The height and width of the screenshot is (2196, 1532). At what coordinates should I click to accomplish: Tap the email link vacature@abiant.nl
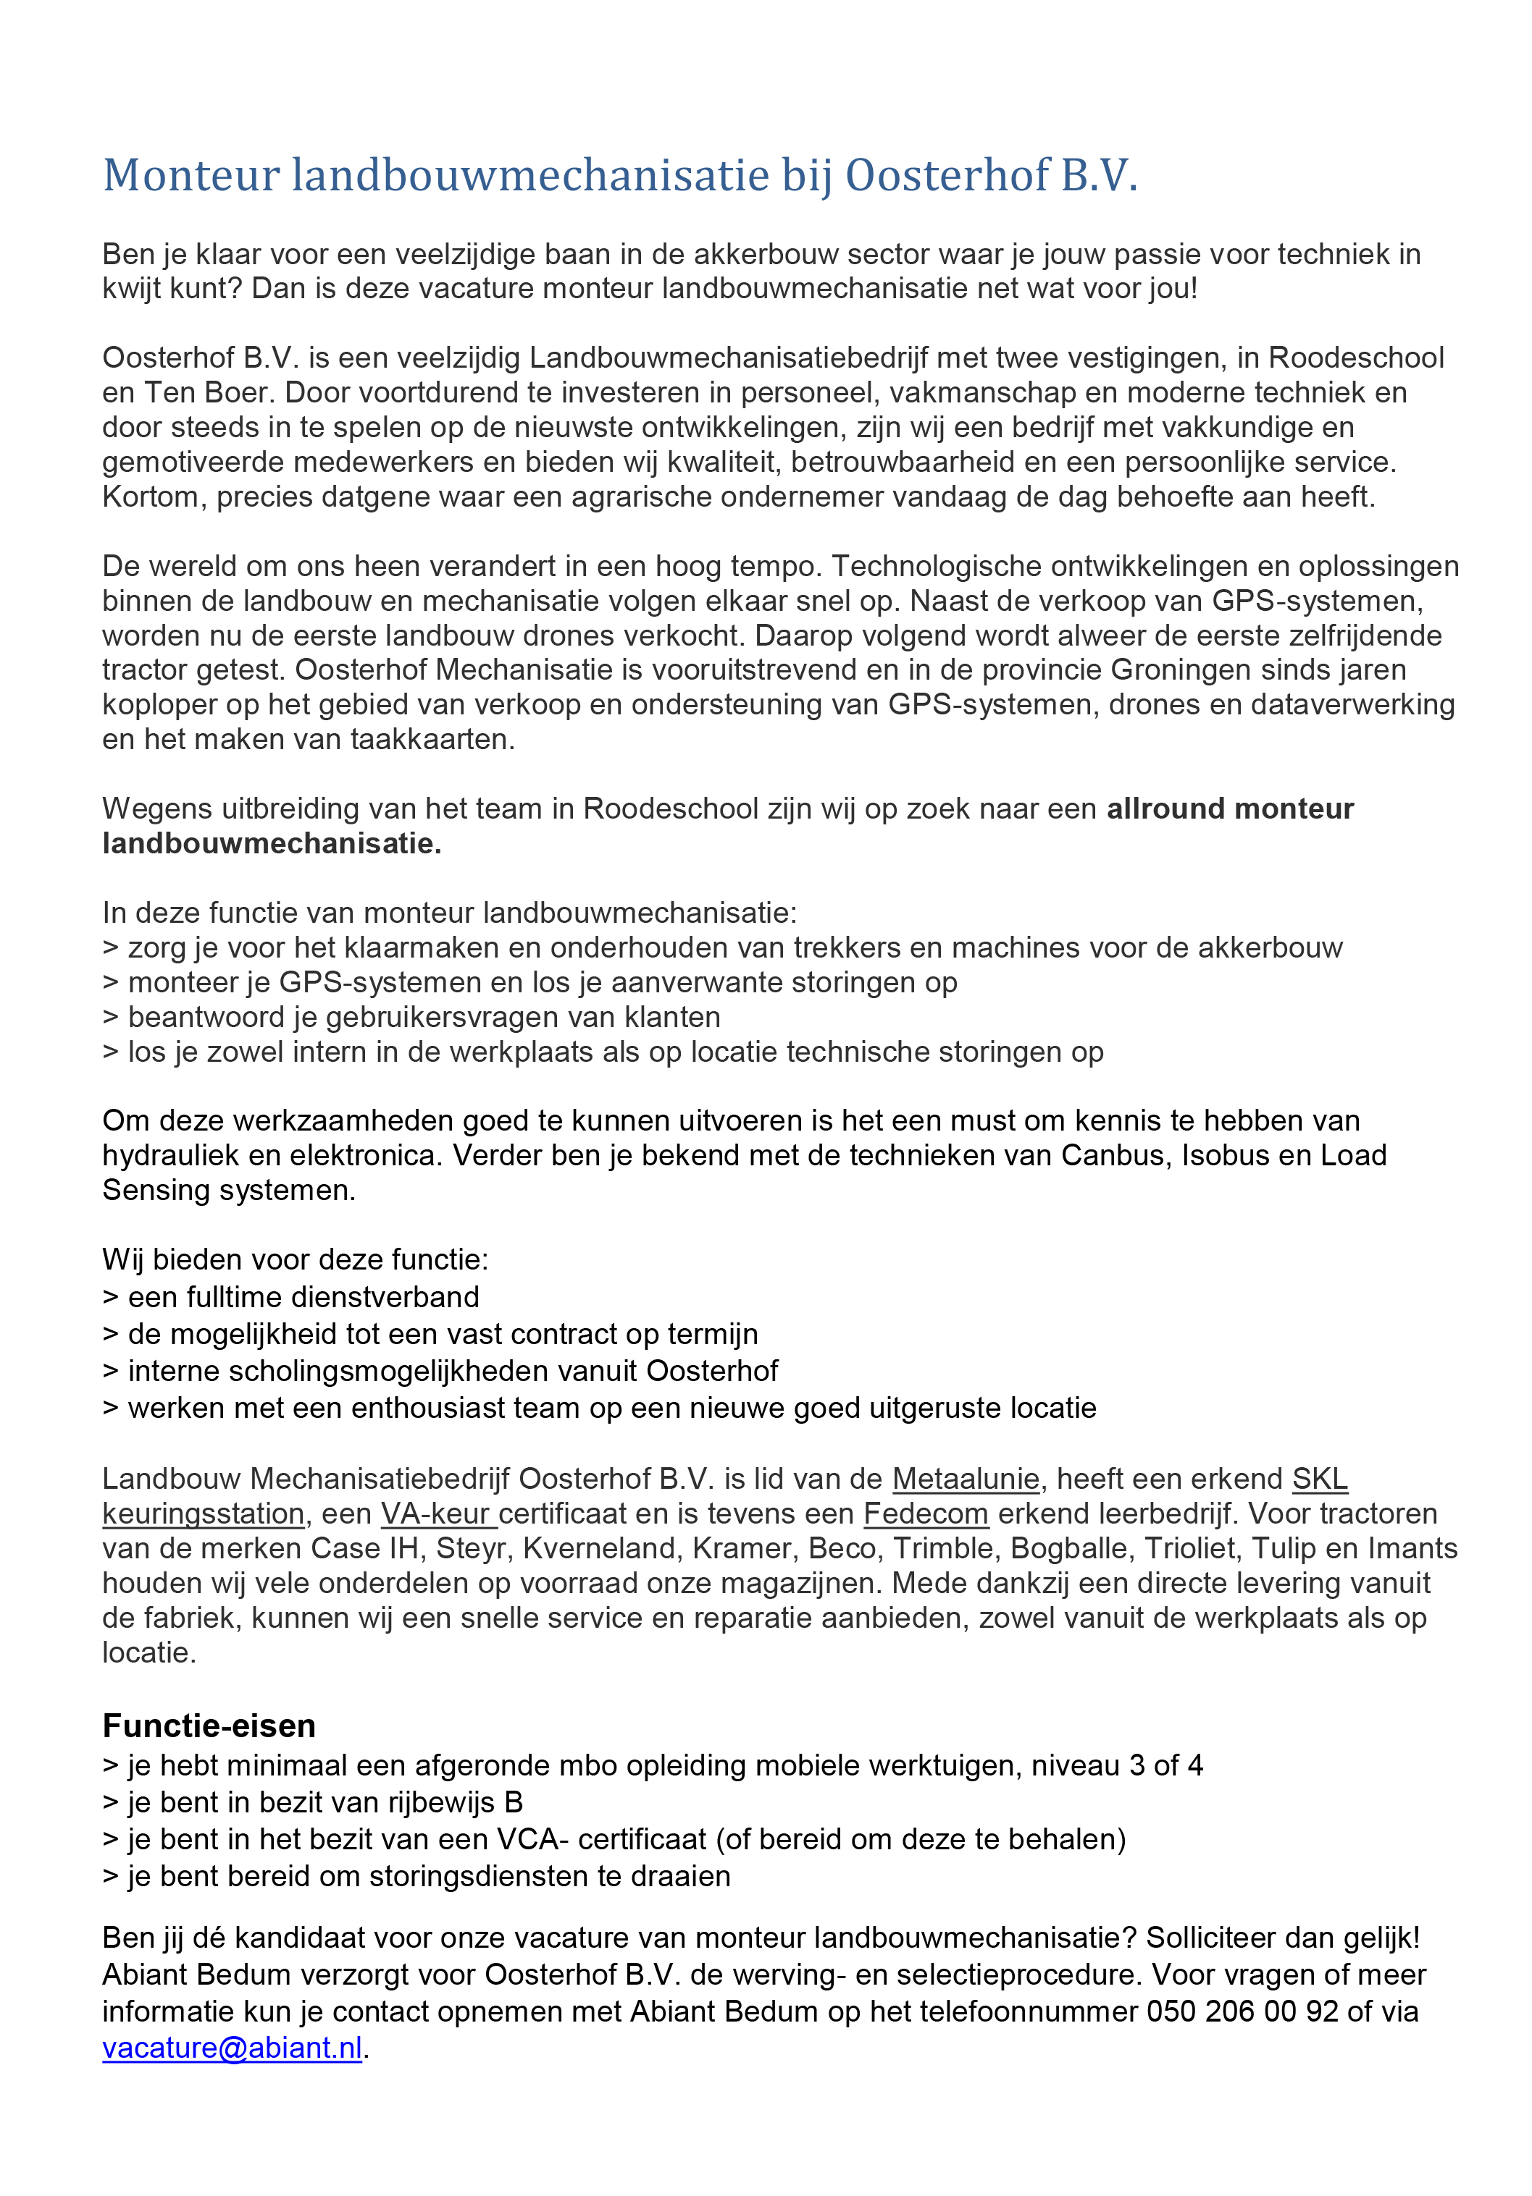[x=232, y=2048]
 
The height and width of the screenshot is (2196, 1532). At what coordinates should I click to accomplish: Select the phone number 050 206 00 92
[x=1242, y=2011]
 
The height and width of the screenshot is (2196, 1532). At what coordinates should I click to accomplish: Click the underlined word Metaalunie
[x=965, y=1479]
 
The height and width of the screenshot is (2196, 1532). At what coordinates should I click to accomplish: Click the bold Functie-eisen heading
[x=209, y=1726]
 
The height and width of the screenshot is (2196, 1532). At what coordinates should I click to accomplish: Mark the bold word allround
[x=1163, y=808]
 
